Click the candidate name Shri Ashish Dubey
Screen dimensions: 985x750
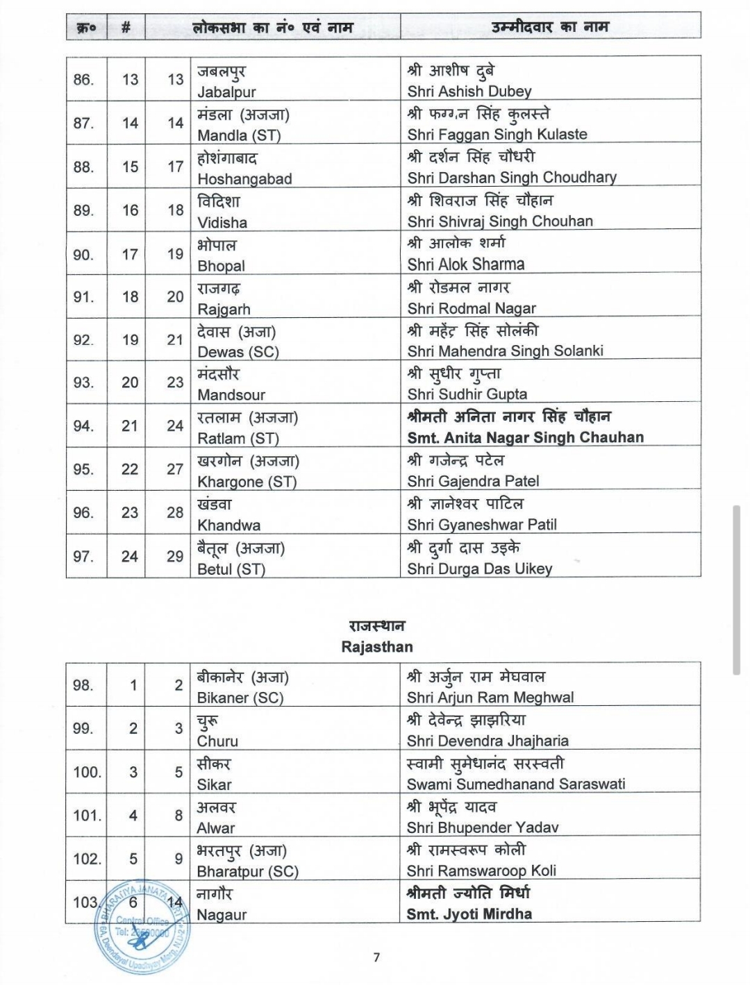tap(469, 91)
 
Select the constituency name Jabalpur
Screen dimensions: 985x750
tap(226, 92)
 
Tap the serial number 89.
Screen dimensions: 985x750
tap(83, 210)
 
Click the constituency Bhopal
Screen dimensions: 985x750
tap(221, 266)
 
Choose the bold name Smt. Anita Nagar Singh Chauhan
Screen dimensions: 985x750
tap(525, 437)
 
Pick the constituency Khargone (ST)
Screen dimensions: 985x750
tap(247, 482)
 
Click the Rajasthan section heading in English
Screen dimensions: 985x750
tap(377, 647)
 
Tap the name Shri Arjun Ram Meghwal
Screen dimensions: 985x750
tap(490, 698)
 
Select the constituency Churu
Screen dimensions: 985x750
tap(217, 741)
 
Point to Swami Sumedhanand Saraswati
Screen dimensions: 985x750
tap(516, 784)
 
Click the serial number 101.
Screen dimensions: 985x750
tap(87, 816)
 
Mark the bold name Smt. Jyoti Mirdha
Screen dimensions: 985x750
tap(469, 914)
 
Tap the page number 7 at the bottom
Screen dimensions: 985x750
tap(376, 957)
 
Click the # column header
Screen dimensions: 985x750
tap(126, 28)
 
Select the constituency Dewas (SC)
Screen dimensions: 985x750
tap(237, 352)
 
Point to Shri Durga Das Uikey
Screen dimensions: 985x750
tap(480, 569)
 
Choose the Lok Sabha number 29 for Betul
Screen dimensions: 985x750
tap(175, 556)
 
